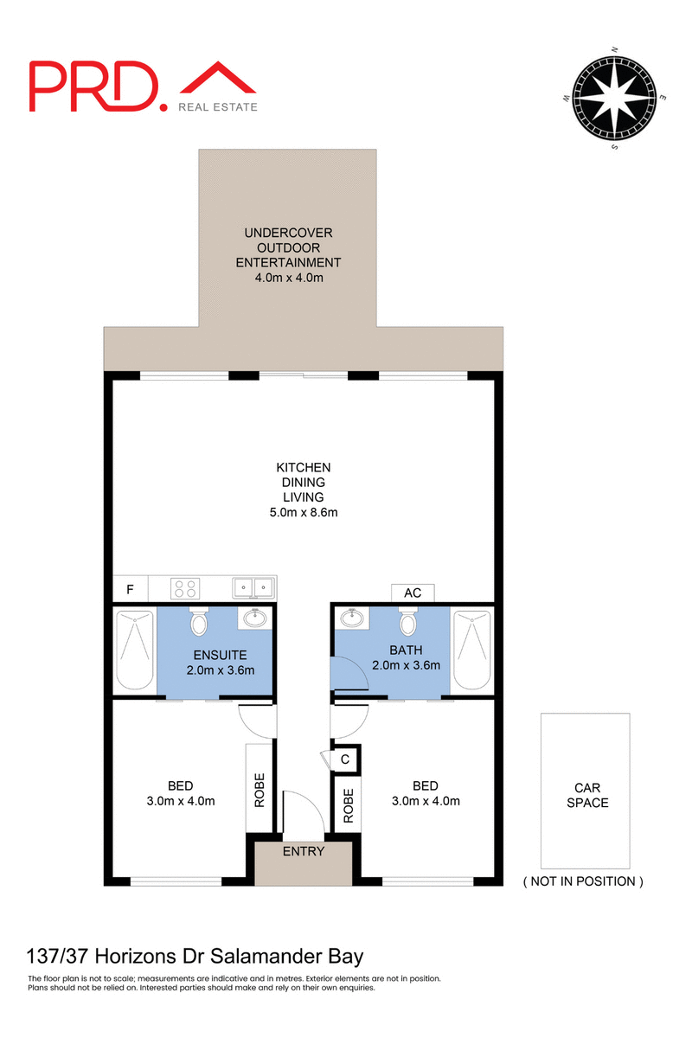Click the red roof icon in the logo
(218, 79)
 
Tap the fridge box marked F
(131, 590)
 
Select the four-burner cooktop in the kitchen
(185, 589)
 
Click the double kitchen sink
(253, 589)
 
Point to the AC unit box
(413, 593)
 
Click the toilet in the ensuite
(200, 623)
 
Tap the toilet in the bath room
(407, 623)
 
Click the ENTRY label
(304, 852)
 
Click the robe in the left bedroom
(259, 789)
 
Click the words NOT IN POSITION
(583, 881)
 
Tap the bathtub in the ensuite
(134, 651)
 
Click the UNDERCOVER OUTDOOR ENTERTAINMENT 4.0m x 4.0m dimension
(289, 277)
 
